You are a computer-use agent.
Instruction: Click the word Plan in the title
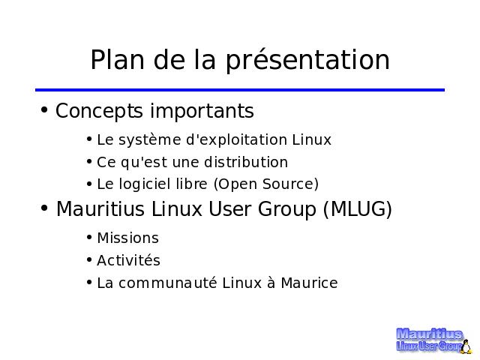tap(117, 60)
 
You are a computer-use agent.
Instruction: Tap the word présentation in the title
tap(307, 61)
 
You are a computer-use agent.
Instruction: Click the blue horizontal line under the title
tap(240, 90)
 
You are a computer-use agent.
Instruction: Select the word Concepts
tap(99, 112)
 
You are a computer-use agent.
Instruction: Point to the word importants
tap(202, 111)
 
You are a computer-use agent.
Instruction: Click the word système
tap(150, 140)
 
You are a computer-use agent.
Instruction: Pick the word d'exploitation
tap(236, 140)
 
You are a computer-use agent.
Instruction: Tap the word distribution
tap(246, 162)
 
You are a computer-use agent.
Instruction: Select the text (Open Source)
tap(266, 184)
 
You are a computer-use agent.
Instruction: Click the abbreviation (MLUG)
tap(358, 209)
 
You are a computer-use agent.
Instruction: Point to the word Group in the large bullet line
tap(286, 210)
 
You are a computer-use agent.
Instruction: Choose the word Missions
tap(128, 238)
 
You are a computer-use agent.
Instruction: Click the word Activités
tap(128, 260)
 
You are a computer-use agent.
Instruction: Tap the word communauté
tap(168, 283)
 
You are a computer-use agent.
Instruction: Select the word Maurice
tap(309, 283)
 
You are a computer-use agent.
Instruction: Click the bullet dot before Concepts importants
tap(44, 109)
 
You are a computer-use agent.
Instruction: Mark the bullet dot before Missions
tap(89, 237)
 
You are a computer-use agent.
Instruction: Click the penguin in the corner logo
tap(466, 346)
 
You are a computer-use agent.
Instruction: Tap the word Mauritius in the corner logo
tap(429, 334)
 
